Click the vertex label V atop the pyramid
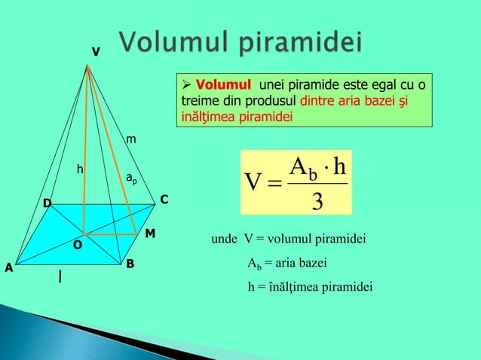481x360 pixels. (x=95, y=52)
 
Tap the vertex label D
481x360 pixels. (x=47, y=204)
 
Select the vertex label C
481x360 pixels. (x=163, y=200)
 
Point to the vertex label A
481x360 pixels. (x=9, y=268)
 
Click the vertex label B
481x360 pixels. (x=130, y=264)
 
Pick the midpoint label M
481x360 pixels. (x=150, y=234)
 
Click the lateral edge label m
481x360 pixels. (x=131, y=139)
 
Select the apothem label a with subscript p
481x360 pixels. (x=130, y=178)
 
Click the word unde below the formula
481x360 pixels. (x=225, y=239)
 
